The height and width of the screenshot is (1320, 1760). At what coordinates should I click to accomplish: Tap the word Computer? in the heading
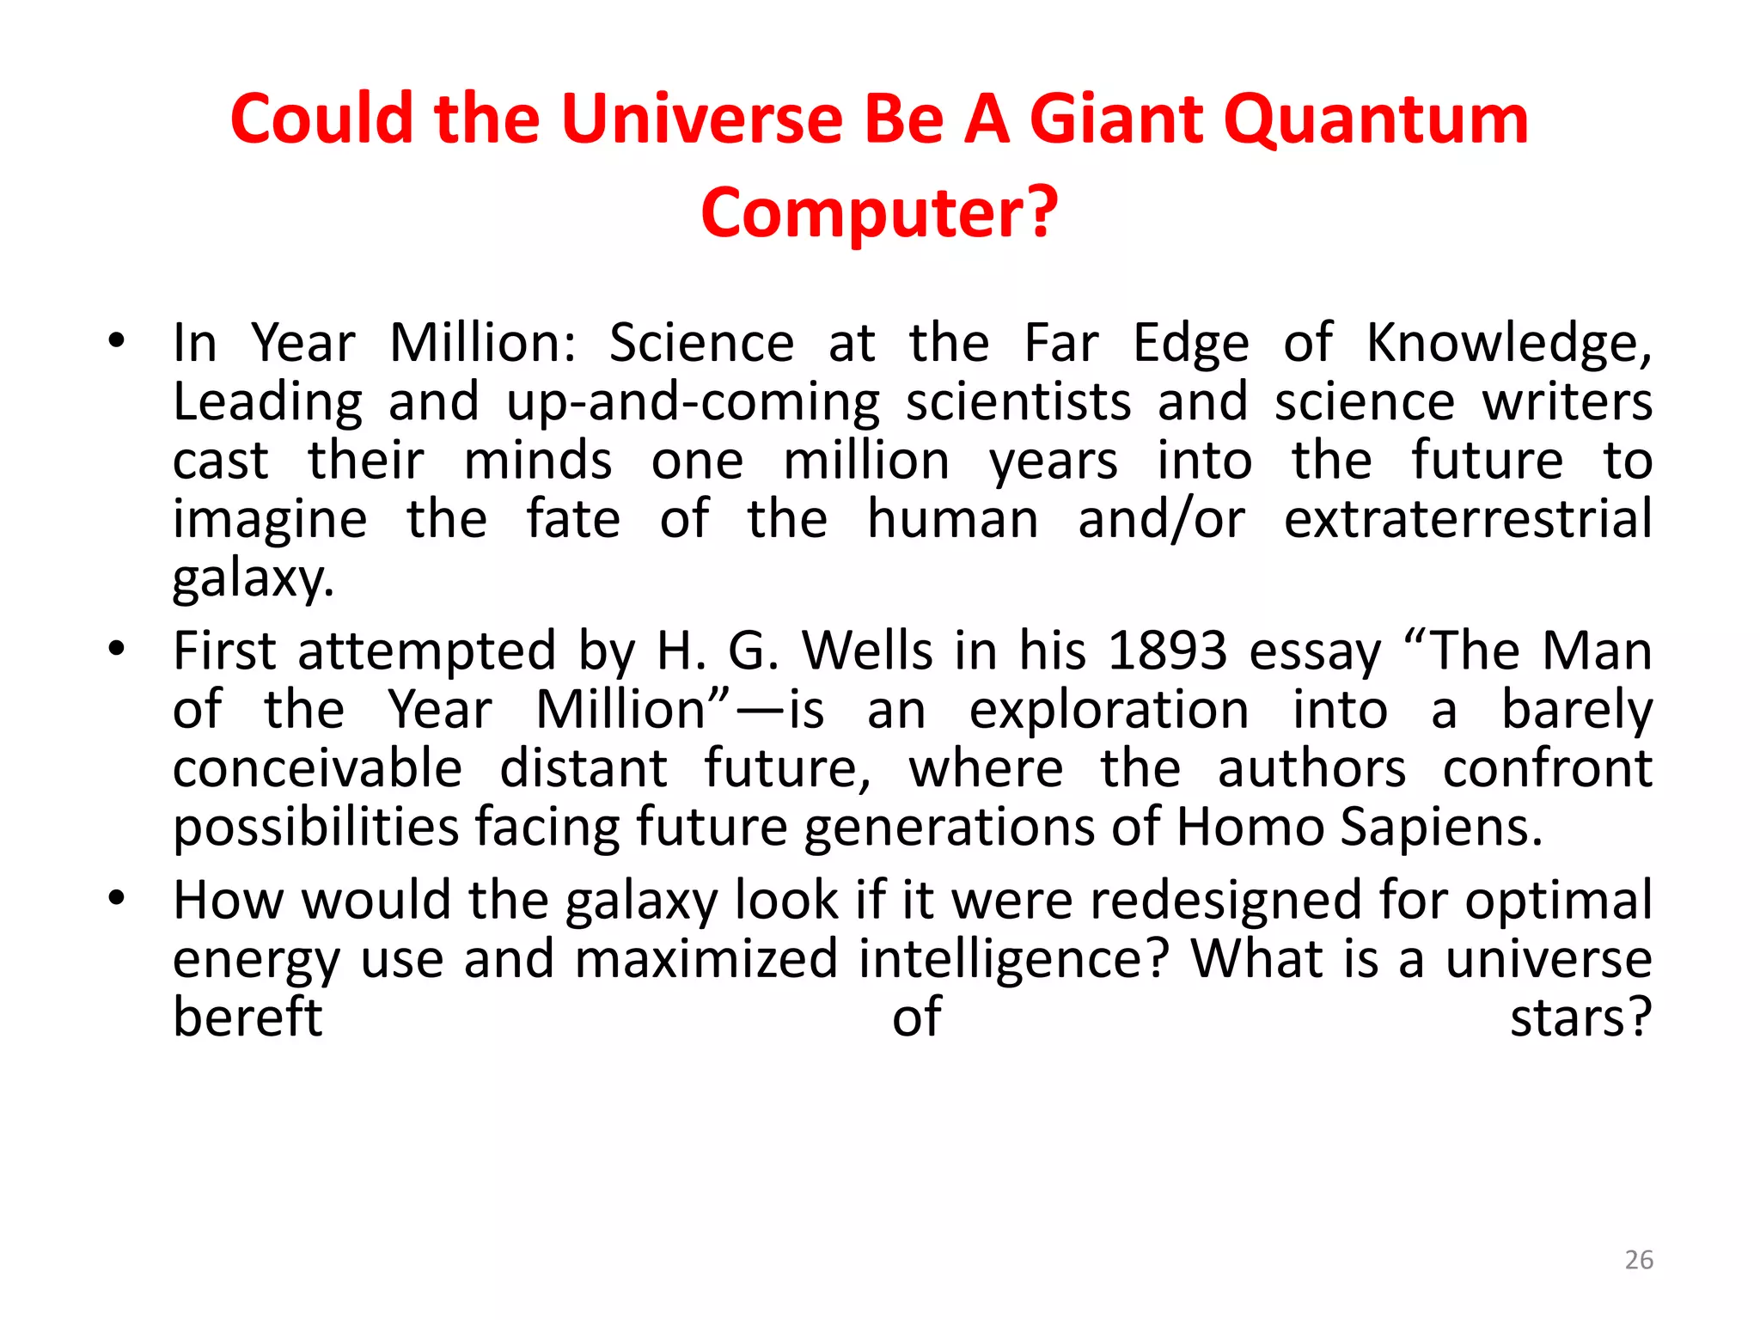[x=879, y=213]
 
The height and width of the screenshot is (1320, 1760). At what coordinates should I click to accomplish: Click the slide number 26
[x=1639, y=1260]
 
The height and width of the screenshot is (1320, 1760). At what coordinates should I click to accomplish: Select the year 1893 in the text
[x=1167, y=651]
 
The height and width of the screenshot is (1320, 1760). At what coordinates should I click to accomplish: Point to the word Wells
[x=868, y=651]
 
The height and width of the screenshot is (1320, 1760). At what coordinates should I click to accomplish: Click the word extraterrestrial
[x=1468, y=519]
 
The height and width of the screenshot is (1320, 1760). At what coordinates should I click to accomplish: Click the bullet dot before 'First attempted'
[x=117, y=649]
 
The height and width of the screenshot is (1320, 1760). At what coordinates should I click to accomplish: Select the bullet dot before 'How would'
[x=117, y=899]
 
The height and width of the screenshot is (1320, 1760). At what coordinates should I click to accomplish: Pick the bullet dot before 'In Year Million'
[x=117, y=341]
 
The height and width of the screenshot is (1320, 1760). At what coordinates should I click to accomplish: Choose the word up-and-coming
[x=693, y=402]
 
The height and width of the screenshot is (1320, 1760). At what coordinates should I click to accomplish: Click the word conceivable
[x=317, y=768]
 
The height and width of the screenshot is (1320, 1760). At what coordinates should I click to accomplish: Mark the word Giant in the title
[x=1119, y=120]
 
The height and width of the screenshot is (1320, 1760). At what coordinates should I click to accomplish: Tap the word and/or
[x=1161, y=519]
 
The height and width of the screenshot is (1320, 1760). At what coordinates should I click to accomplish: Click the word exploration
[x=1109, y=710]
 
